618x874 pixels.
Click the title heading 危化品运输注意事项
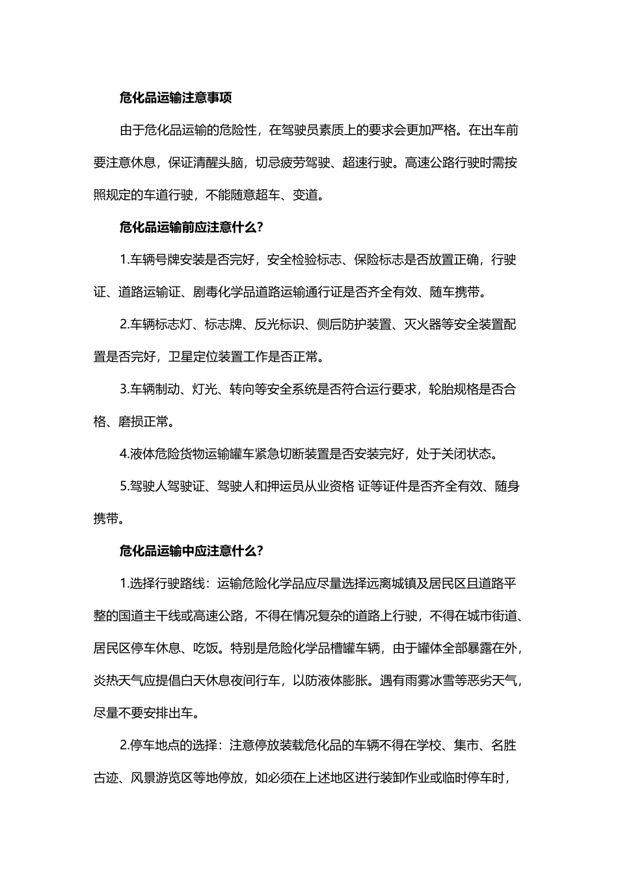tap(176, 98)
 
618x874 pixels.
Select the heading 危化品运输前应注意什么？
tap(191, 228)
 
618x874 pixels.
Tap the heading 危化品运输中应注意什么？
tap(191, 551)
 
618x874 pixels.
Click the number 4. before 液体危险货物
tap(125, 454)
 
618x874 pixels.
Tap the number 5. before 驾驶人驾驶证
tap(125, 486)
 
